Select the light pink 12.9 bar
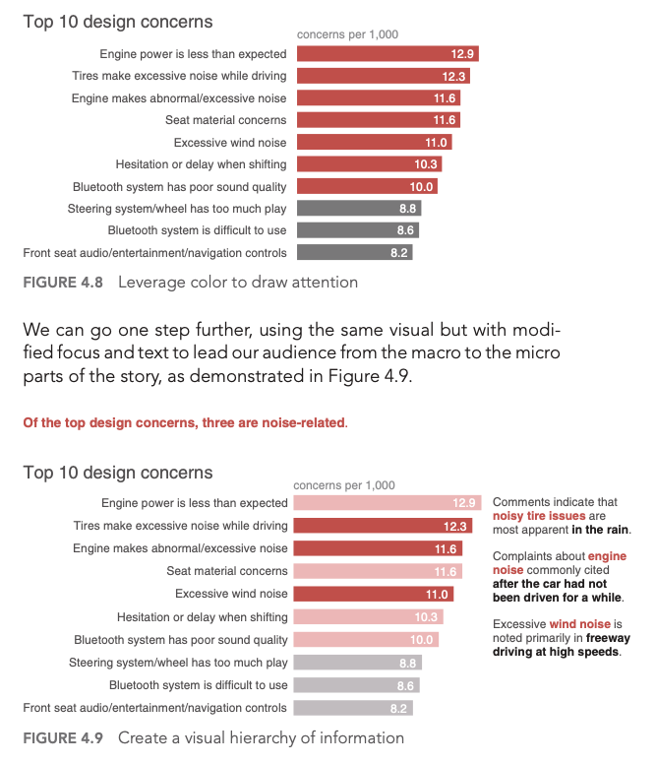[x=387, y=503]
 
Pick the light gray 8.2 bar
[x=353, y=708]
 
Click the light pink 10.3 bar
[x=368, y=617]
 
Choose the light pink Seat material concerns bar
[x=378, y=572]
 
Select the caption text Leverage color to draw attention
[x=237, y=283]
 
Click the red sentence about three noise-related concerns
[x=185, y=423]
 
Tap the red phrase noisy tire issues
[x=539, y=516]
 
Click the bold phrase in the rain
[x=600, y=530]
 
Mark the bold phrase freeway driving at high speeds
[x=562, y=645]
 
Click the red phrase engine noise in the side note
[x=559, y=564]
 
